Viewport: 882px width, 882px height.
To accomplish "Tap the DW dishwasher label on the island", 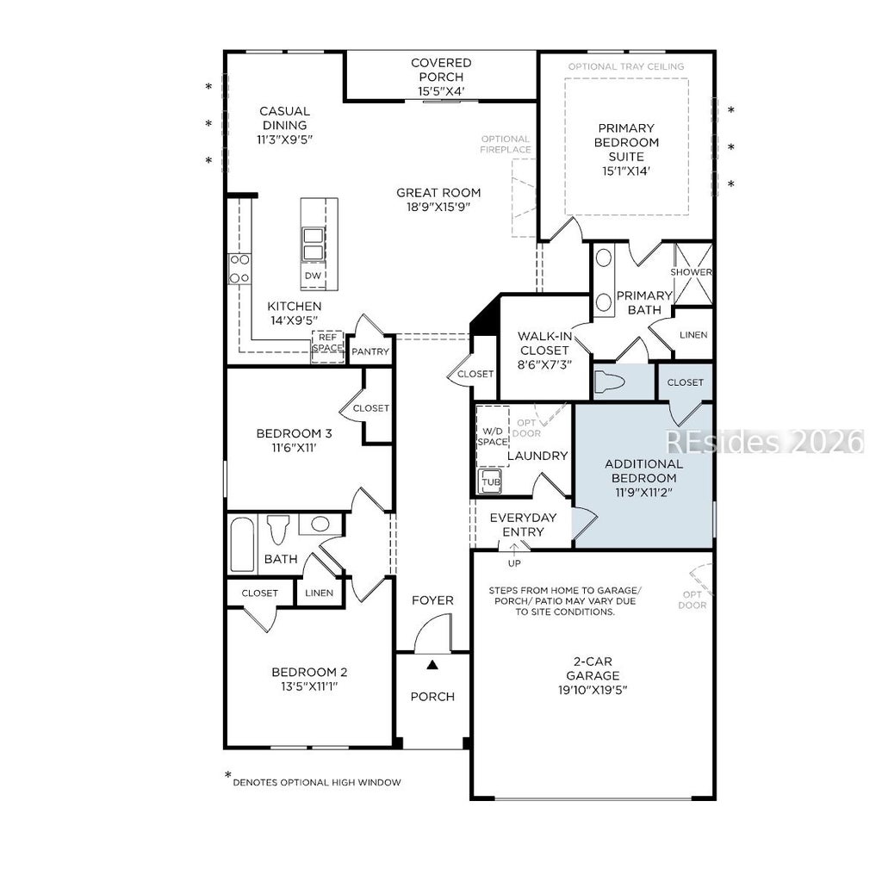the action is tap(313, 276).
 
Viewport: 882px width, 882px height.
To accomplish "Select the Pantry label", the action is tap(370, 351).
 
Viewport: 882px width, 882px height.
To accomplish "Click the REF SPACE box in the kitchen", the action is tap(328, 346).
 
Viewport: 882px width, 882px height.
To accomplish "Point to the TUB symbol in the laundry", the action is tap(490, 482).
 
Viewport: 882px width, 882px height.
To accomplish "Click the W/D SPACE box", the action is tap(493, 436).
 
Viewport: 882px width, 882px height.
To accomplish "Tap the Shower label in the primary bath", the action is tap(692, 272).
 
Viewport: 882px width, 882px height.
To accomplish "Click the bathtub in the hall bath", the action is tap(242, 544).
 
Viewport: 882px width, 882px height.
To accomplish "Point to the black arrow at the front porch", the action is tap(432, 665).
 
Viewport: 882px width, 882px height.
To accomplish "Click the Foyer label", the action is tap(432, 600).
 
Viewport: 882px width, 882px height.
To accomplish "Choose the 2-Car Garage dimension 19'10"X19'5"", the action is tap(593, 690).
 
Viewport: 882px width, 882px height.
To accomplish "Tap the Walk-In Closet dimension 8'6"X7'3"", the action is tap(544, 364).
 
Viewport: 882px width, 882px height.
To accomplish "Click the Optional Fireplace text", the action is tap(505, 144).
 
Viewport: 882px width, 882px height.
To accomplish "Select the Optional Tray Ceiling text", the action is tap(626, 66).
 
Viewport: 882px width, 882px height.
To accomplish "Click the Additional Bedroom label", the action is tap(644, 471).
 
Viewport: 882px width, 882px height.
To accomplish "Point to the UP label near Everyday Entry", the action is tap(514, 563).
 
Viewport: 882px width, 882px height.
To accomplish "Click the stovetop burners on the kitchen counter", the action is tap(239, 269).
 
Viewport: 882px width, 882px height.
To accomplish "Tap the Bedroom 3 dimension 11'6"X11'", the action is tap(295, 448).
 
